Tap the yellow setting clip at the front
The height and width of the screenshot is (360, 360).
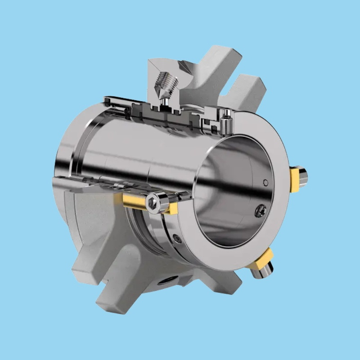click(x=135, y=202)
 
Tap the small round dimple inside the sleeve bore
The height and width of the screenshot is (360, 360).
click(x=265, y=182)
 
